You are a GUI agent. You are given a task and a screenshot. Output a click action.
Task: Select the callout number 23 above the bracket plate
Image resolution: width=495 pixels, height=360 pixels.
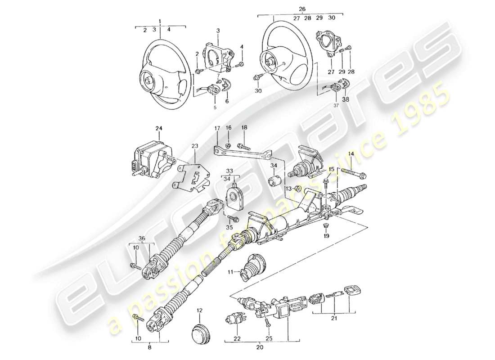tap(194, 146)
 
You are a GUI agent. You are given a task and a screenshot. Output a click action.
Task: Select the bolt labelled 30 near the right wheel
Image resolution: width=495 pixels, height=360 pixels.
tap(258, 78)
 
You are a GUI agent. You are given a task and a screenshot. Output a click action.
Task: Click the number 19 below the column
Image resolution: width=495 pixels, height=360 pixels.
tap(327, 235)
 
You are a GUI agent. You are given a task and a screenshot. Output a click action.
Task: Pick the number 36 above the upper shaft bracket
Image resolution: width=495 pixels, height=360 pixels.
tap(142, 238)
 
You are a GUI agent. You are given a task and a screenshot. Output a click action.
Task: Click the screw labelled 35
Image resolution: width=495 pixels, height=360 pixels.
tap(234, 218)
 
